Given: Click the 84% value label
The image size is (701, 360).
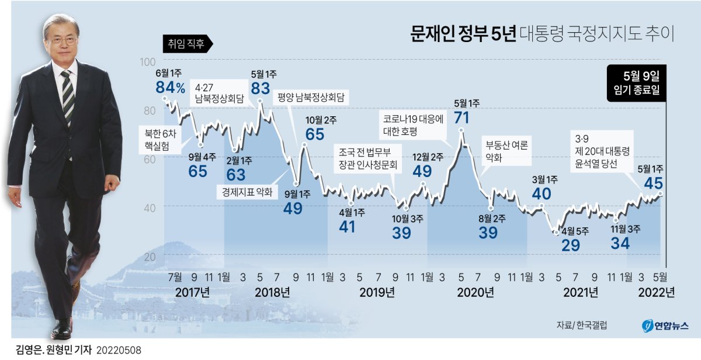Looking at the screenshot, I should coord(170,88).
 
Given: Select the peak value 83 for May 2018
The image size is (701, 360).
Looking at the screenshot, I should coord(260,88).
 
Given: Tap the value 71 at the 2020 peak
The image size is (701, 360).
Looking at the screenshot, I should coord(461,117).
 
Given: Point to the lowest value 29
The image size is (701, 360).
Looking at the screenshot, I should coord(570,245).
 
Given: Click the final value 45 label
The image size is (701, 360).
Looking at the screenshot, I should coord(653,184).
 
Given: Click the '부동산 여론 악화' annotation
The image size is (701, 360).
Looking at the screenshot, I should coord(505,151).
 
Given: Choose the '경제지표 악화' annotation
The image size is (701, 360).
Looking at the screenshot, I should coord(247,191).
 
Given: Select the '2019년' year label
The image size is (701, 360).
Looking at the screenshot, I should coord(376,292).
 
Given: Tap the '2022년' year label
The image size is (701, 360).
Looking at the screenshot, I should coord(657,292).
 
